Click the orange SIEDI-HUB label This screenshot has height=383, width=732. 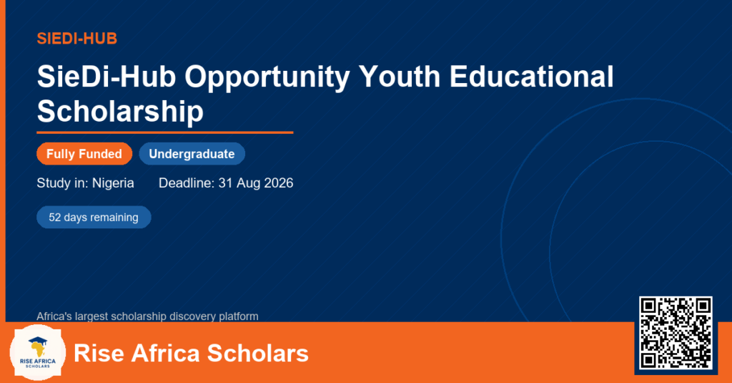(77, 39)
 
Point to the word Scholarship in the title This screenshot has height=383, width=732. (120, 112)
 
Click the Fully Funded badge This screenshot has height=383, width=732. (84, 154)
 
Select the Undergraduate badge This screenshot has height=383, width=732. (192, 154)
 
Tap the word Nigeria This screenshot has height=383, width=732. (113, 183)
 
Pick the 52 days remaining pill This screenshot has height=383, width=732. (94, 218)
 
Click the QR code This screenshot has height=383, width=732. (676, 333)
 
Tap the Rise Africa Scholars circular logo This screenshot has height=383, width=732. (38, 353)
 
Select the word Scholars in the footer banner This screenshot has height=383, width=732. (257, 353)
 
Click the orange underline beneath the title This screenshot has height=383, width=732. (165, 133)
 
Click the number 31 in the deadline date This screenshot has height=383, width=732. (225, 183)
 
